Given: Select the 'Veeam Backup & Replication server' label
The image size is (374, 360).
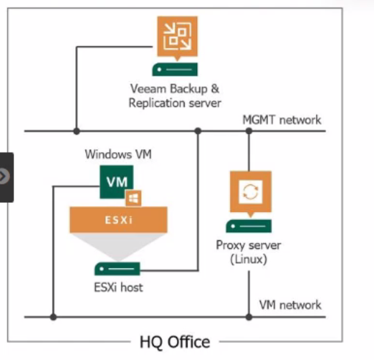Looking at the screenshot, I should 174,96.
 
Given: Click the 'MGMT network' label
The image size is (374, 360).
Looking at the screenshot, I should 282,120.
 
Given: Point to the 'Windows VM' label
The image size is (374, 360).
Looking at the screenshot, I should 118,155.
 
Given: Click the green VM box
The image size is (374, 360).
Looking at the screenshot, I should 116,181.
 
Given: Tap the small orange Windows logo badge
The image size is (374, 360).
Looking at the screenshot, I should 132,198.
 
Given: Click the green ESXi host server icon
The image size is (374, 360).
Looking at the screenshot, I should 117,268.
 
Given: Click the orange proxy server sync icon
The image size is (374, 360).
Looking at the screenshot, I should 250,192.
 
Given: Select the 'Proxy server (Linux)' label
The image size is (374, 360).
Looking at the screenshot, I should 249,252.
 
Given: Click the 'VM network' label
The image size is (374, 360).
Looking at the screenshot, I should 290,305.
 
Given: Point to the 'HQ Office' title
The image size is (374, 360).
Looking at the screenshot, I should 174,342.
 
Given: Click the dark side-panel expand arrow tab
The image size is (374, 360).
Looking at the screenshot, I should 5,177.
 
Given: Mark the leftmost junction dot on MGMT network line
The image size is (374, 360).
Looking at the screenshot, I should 76,131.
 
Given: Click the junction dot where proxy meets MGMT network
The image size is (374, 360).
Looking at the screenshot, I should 249,131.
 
